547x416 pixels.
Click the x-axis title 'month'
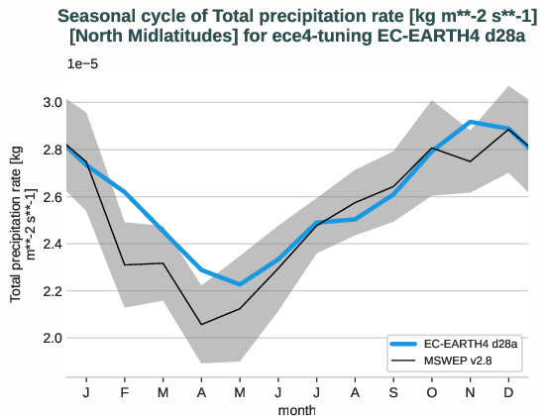coord(297,408)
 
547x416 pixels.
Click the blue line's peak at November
coord(471,122)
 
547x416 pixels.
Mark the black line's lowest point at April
coord(201,324)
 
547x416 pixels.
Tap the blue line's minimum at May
coord(240,284)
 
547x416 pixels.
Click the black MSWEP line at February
coord(125,264)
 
